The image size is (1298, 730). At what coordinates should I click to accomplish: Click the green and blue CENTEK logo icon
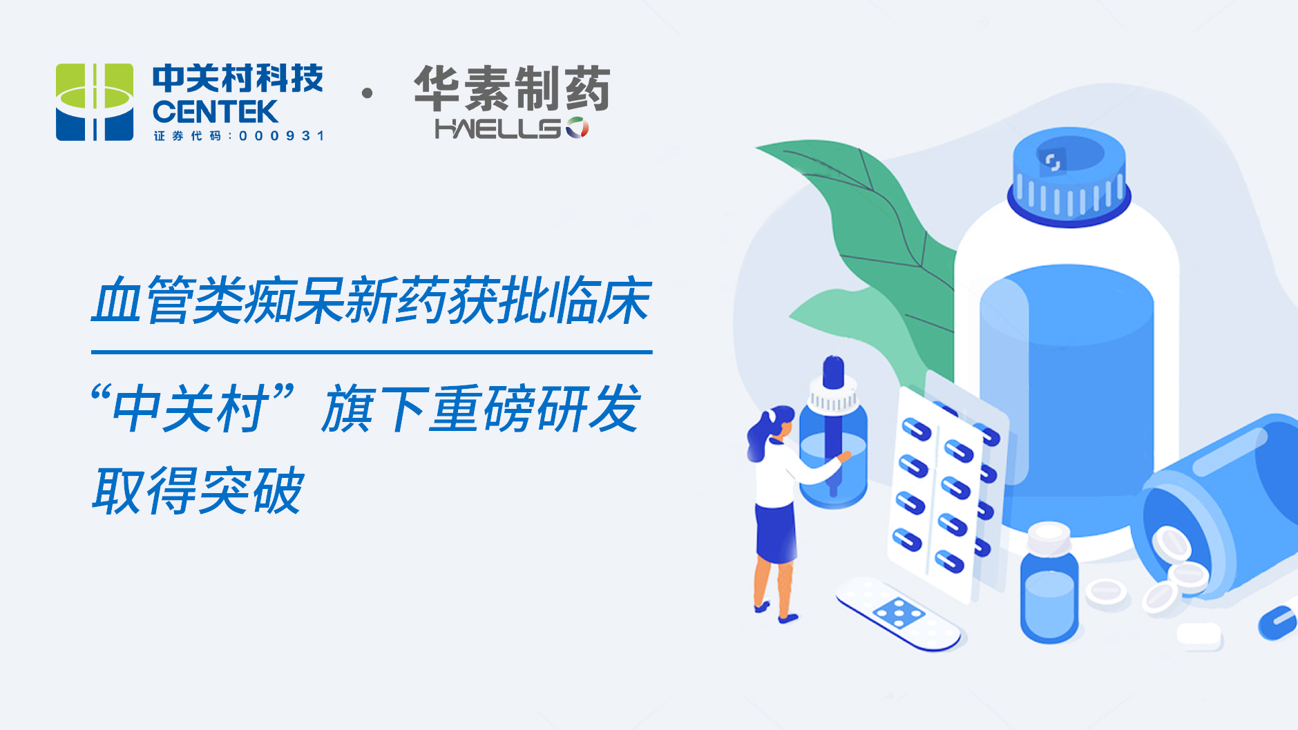[95, 102]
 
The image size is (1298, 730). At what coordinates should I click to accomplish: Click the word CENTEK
[215, 112]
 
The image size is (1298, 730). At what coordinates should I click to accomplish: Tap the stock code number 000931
[281, 136]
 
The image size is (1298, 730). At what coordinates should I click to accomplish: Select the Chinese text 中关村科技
[238, 79]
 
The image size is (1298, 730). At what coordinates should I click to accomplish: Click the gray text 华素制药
[512, 88]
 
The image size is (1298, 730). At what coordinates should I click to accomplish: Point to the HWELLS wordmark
[511, 128]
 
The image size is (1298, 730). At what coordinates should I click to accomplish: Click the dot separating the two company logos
[368, 93]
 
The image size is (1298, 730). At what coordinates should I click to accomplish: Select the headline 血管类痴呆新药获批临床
[372, 300]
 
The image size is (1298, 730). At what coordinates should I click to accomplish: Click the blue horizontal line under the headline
[372, 352]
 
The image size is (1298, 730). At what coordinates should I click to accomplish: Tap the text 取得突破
[198, 490]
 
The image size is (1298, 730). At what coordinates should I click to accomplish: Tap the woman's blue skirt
[777, 533]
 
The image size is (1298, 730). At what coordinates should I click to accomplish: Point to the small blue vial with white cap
[1049, 583]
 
